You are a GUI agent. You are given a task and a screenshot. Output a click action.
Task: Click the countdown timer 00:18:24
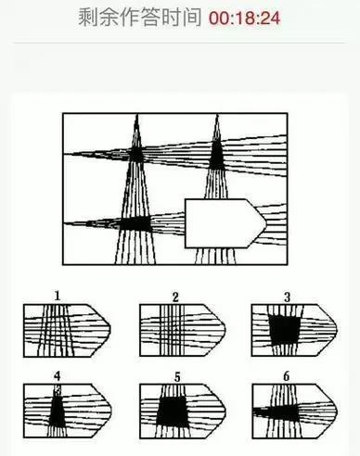(244, 18)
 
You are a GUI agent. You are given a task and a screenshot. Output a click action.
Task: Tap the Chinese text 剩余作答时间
(139, 18)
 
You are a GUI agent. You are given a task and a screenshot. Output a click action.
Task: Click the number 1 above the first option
(57, 296)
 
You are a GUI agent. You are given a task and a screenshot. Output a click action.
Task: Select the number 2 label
(175, 298)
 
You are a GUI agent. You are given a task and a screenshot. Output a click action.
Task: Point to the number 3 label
(288, 298)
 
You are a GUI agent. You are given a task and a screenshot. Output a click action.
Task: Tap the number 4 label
(58, 376)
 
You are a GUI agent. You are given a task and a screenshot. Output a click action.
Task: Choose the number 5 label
(177, 377)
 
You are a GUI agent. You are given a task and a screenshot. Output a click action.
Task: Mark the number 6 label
(287, 376)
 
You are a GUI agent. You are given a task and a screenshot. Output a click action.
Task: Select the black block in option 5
(172, 412)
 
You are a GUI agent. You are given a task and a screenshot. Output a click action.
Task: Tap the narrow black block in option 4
(58, 411)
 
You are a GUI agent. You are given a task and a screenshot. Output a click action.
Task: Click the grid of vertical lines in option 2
(172, 330)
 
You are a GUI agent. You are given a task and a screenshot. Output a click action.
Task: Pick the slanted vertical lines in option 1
(55, 330)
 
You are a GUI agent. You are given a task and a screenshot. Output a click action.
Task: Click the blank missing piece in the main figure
(225, 223)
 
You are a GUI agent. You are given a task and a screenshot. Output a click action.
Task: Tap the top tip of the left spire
(137, 115)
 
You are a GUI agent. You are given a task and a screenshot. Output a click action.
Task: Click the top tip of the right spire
(217, 116)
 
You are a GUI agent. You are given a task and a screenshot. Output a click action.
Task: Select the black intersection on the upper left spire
(136, 153)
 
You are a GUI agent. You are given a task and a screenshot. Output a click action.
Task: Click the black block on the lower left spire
(135, 223)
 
